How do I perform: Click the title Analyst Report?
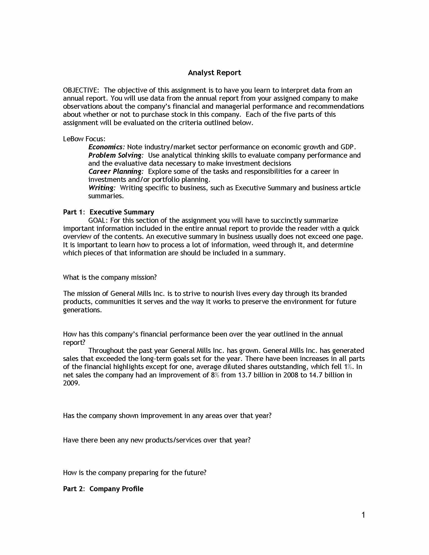(x=214, y=73)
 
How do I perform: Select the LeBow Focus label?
(x=84, y=139)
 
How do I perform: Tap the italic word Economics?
(x=106, y=147)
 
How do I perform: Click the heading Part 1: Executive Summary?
(x=109, y=212)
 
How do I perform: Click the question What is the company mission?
(x=110, y=277)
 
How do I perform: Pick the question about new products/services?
(x=156, y=440)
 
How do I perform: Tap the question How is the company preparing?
(x=135, y=473)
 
